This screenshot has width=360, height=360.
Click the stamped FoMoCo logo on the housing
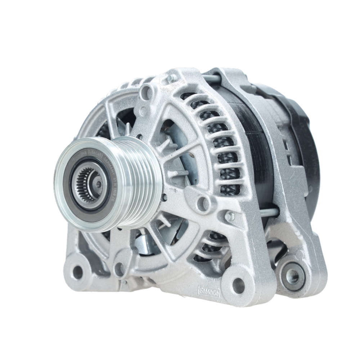point(209,289)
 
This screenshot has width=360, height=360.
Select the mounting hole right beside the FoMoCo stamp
point(238,285)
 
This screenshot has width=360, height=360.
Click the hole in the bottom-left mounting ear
point(77,272)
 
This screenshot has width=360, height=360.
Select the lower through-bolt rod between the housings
point(269,213)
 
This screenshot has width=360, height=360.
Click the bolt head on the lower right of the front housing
point(229,216)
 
